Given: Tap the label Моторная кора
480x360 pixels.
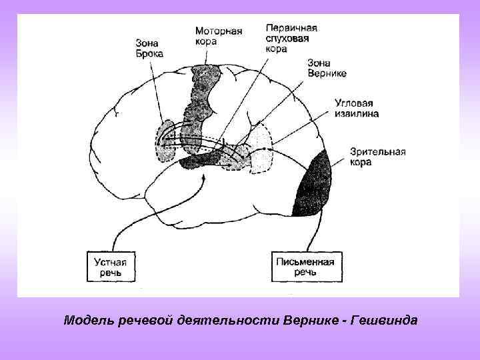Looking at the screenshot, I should coord(218,36).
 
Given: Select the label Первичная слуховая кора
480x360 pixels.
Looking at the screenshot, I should coord(291,38).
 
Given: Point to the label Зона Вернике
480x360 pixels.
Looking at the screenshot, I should coord(327,68).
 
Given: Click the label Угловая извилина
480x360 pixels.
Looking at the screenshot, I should coord(357,109).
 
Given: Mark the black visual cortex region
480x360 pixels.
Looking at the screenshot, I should coord(317,180).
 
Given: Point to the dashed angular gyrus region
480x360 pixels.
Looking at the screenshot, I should coord(262,143).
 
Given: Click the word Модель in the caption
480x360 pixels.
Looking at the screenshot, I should coord(86,320).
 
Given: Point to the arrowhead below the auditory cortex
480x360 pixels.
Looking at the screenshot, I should coord(202,178).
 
